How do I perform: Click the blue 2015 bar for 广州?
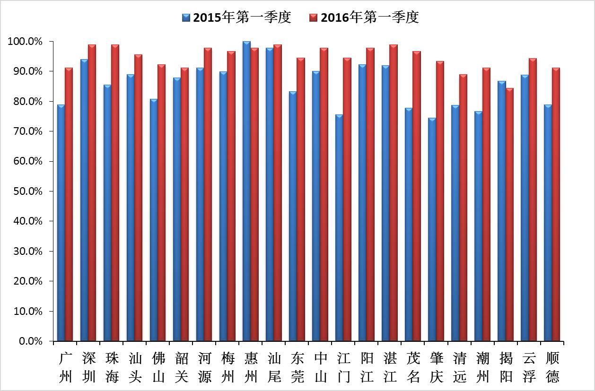[61, 222]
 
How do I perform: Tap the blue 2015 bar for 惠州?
[246, 191]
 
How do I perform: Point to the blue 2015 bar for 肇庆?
[432, 229]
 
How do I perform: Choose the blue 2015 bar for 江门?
[339, 227]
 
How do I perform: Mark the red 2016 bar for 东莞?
[301, 199]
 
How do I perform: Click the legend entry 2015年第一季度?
[236, 17]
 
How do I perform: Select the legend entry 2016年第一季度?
[364, 17]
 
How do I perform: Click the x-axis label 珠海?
[113, 367]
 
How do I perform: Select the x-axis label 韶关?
[181, 367]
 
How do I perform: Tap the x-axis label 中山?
[320, 367]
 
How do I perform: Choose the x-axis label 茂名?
[413, 367]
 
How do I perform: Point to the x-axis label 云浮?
[529, 367]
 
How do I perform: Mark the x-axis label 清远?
[460, 367]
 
